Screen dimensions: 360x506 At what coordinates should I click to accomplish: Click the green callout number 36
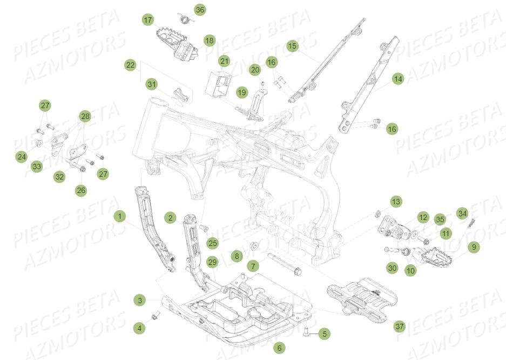(200, 10)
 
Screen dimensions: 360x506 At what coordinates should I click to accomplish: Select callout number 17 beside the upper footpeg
(147, 20)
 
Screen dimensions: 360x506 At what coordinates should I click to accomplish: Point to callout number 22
(130, 65)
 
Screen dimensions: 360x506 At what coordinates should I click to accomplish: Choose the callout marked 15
(292, 46)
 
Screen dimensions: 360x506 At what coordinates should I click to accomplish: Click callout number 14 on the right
(397, 79)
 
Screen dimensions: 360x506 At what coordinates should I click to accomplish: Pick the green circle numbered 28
(85, 116)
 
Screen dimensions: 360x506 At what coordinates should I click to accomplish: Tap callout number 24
(21, 157)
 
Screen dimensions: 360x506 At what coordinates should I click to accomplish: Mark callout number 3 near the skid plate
(140, 300)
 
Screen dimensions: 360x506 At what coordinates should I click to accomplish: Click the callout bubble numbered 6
(279, 348)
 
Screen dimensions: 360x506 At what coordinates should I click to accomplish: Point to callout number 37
(399, 326)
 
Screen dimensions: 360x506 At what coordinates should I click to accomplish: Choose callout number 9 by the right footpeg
(473, 247)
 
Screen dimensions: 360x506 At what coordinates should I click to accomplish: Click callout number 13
(396, 202)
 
